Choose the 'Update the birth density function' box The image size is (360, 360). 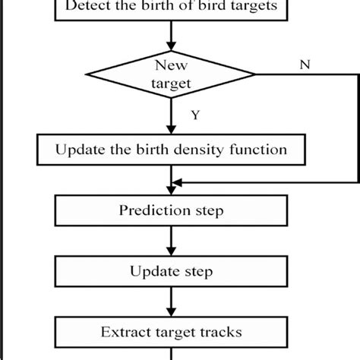[x=171, y=150]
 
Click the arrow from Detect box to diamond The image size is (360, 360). [x=171, y=34]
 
